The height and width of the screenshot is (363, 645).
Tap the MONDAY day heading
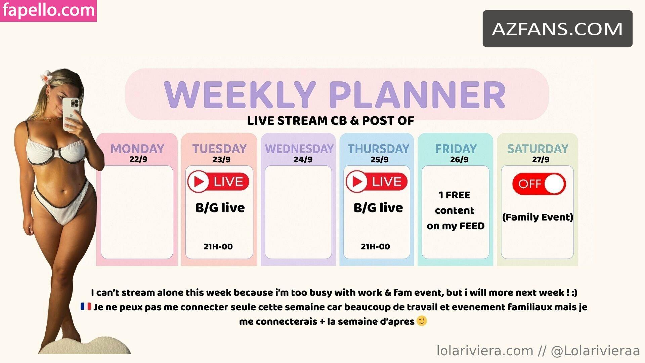(x=137, y=149)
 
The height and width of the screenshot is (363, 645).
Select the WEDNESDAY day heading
(x=299, y=149)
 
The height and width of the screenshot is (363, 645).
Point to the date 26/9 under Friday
(x=459, y=159)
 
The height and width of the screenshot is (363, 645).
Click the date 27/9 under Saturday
(x=541, y=159)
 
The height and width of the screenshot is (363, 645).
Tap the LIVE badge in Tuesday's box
(x=218, y=182)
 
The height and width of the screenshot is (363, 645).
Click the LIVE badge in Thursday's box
(x=377, y=182)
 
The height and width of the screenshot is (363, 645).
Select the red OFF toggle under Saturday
(x=539, y=184)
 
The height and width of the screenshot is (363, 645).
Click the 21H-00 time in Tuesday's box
(x=218, y=247)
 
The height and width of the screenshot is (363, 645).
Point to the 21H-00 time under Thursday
(x=376, y=247)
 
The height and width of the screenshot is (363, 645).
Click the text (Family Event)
(x=537, y=217)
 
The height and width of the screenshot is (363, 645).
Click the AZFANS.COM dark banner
(x=558, y=29)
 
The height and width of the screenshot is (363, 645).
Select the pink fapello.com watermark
(x=48, y=11)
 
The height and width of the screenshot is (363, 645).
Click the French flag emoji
(x=86, y=307)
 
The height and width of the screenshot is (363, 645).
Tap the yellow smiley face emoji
(x=422, y=321)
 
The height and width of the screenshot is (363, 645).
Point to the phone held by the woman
(x=71, y=114)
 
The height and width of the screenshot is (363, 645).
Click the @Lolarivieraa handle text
(x=595, y=351)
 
